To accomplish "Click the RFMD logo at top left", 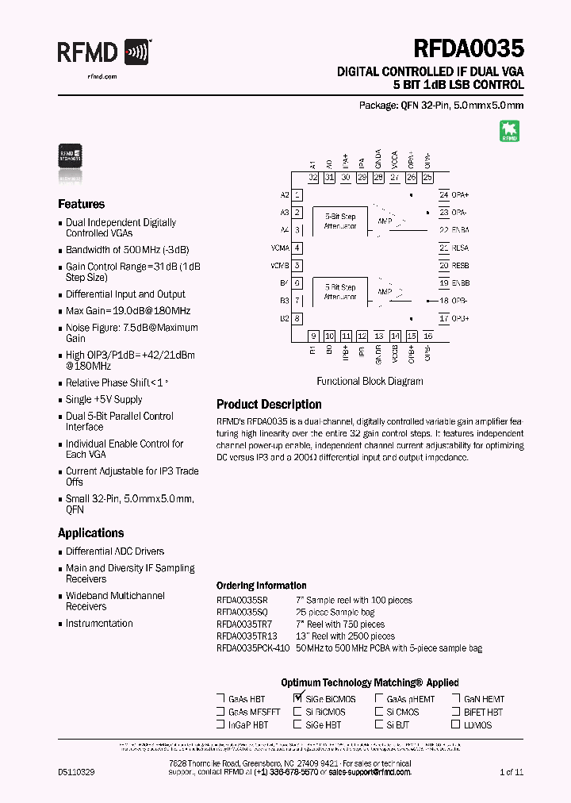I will point(103,52).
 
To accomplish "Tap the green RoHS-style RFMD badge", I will point(509,131).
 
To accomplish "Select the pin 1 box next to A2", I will point(297,194).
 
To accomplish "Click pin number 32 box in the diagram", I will point(313,178).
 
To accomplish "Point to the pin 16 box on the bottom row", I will point(428,336).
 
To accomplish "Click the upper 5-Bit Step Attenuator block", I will point(340,221).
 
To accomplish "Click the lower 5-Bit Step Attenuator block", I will point(340,292).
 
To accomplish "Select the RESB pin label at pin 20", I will point(461,266).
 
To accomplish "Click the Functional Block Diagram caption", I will point(370,381).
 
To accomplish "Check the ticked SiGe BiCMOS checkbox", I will point(298,699).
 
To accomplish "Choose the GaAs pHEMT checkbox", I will point(380,699).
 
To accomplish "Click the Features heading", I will point(82,204).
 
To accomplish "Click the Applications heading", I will point(91,533).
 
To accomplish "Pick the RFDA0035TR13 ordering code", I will point(247,636).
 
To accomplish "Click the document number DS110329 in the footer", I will point(76,772).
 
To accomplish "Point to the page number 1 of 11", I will point(512,772).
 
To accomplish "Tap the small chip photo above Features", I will point(71,154).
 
